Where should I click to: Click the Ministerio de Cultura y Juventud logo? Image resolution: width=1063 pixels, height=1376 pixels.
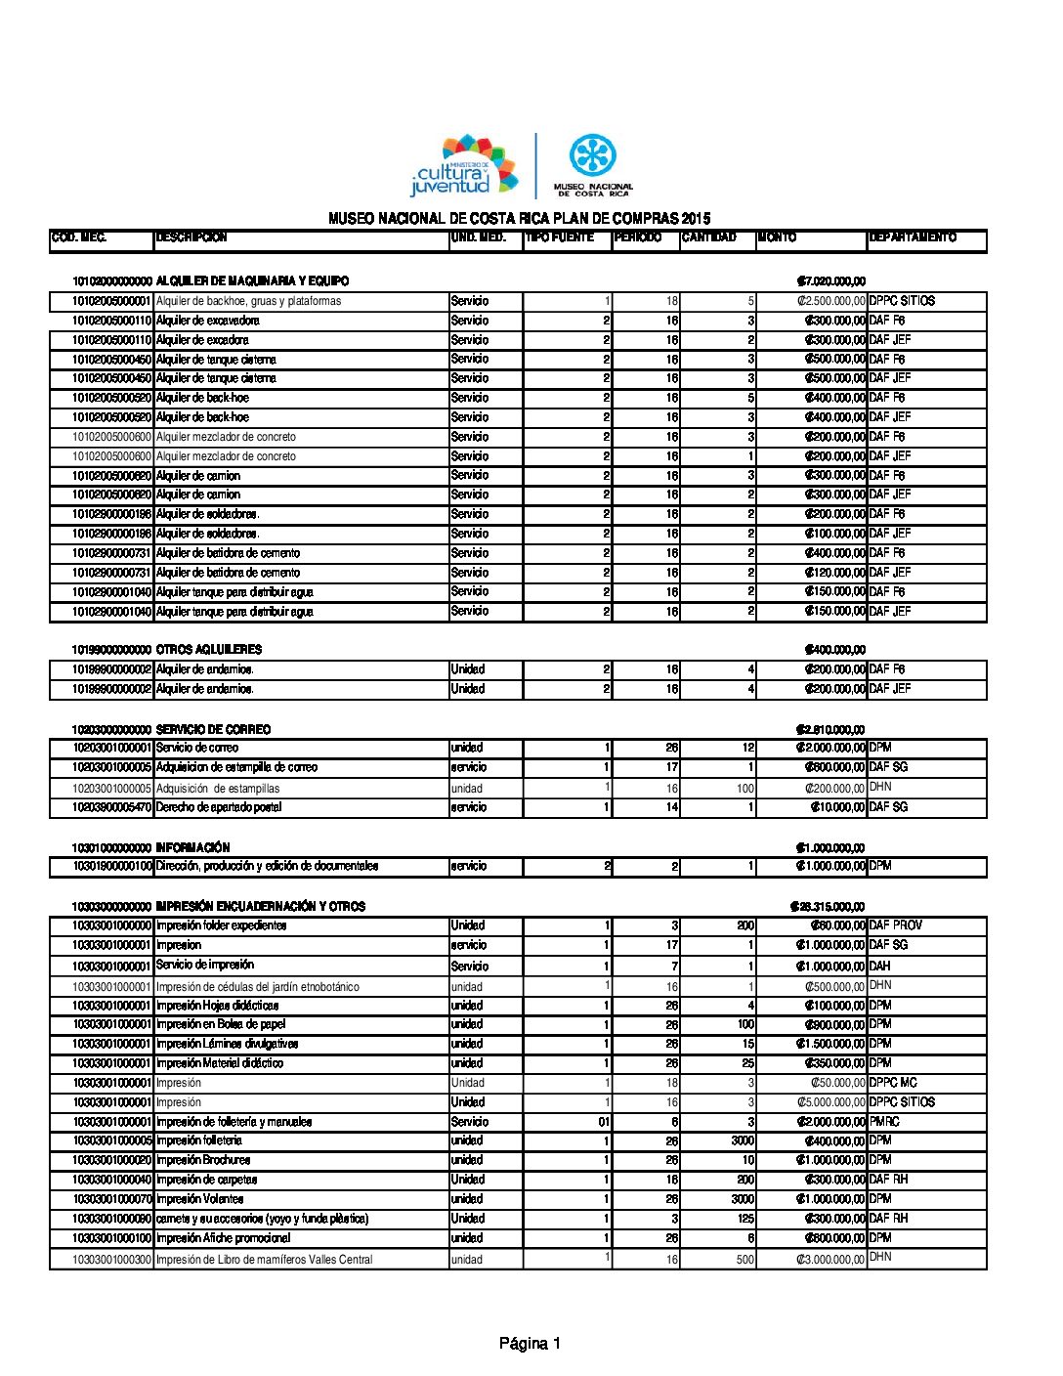click(x=463, y=167)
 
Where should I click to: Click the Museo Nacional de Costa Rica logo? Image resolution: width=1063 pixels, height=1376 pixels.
click(x=592, y=166)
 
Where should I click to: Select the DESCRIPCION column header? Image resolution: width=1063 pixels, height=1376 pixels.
click(x=191, y=237)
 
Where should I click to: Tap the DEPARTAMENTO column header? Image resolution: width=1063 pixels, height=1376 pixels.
click(x=912, y=237)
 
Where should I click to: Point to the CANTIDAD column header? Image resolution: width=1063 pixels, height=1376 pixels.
click(x=709, y=237)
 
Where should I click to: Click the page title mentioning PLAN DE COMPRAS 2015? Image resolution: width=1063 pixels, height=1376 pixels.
click(x=519, y=219)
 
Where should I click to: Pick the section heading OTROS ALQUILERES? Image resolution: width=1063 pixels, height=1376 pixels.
click(x=209, y=650)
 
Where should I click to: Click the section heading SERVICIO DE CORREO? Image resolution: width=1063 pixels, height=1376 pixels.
click(x=213, y=730)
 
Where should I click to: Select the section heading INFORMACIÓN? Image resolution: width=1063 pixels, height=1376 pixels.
click(x=192, y=848)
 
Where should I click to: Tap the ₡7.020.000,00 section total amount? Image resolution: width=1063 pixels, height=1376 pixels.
click(x=830, y=281)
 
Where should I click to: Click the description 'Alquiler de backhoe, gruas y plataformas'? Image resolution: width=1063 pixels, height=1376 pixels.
click(x=248, y=301)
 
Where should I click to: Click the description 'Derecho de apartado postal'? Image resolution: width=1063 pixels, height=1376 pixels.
click(x=219, y=807)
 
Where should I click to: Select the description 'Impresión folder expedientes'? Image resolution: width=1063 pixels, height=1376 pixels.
click(x=222, y=925)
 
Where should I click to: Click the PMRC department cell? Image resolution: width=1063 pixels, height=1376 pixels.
click(x=884, y=1122)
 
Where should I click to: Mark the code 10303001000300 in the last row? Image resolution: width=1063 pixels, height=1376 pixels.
click(x=111, y=1260)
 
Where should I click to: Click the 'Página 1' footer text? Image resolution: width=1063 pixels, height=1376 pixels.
click(x=530, y=1344)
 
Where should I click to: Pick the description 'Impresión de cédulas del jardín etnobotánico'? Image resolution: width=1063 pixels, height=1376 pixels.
click(x=258, y=987)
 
